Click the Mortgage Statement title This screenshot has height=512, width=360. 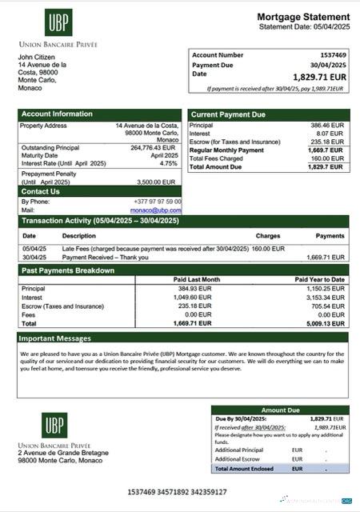pos(303,17)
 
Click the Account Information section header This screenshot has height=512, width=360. pos(56,114)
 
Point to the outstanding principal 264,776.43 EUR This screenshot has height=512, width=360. pos(153,147)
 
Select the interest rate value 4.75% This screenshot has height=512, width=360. pos(168,163)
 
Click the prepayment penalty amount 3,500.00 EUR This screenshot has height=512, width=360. pos(159,181)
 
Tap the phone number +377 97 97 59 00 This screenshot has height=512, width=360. pos(158,202)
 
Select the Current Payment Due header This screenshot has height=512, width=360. pos(228,114)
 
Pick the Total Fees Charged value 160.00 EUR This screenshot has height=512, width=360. pos(327,158)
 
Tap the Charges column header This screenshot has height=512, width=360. pos(267,236)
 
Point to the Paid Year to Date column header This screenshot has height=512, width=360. pos(319,279)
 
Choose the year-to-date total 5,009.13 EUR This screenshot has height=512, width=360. pos(324,324)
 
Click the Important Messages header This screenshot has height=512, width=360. pos(56,338)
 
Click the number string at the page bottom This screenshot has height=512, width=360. pos(177,492)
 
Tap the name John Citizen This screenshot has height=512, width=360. pos(38,57)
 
